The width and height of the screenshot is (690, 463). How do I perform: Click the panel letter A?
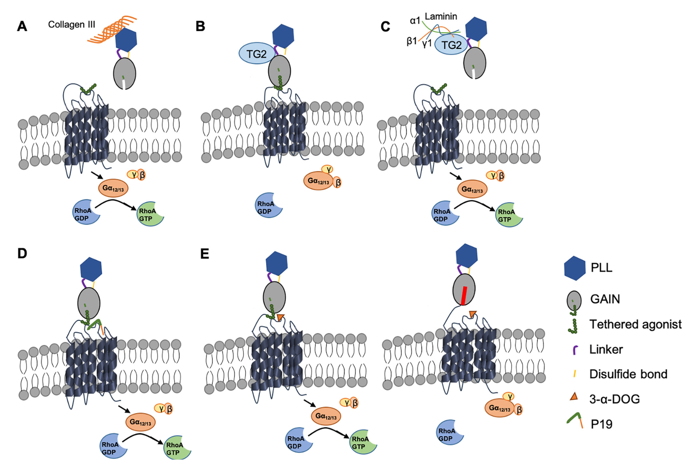pos(22,26)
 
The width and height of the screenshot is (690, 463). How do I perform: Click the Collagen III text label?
pos(72,24)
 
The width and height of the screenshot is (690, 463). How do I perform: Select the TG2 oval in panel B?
pos(257,53)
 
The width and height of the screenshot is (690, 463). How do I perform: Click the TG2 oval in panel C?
pos(451,45)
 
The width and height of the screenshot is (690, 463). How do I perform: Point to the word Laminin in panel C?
pos(441,16)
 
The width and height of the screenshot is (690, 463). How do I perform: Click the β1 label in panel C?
pos(412,40)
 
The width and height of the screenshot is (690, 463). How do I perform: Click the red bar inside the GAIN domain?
pos(464,296)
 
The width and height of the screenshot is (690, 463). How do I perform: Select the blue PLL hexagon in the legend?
pos(575,268)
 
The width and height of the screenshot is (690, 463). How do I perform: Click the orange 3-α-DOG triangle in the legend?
pos(574,397)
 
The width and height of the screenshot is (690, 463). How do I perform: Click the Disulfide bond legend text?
pos(628,374)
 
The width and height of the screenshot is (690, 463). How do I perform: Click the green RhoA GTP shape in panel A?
pos(149,215)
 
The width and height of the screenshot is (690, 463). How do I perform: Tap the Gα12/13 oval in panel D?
pos(141,422)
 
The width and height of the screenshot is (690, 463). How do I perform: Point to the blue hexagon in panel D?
pos(91,269)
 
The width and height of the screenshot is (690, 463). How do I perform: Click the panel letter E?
pos(205,254)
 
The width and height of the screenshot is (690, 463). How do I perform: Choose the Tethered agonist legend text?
pos(635,324)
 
